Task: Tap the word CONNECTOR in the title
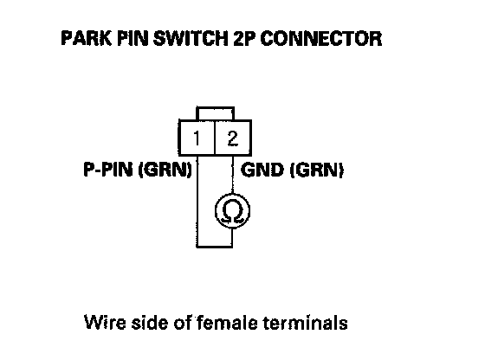321,38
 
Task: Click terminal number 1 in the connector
197,138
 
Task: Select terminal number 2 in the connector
233,138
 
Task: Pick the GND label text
262,170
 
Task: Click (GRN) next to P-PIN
165,170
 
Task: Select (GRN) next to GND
317,170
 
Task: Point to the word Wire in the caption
105,323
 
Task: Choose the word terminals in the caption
306,323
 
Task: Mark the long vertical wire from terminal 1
197,201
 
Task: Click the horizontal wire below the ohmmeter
215,247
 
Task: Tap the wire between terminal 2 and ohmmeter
232,175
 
